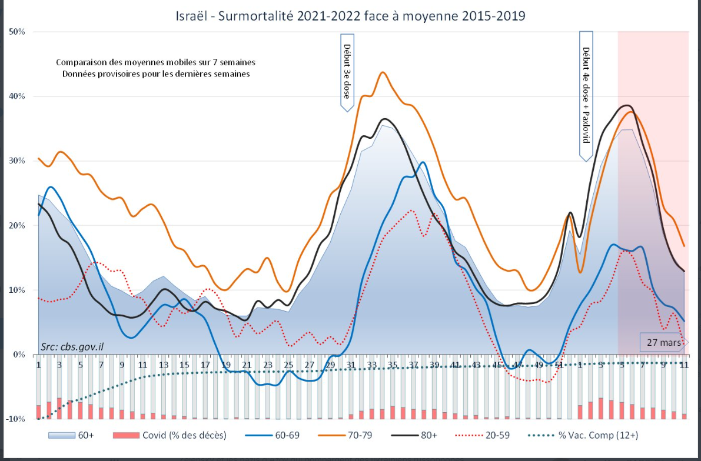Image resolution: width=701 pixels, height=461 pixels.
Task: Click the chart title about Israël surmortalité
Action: [350, 16]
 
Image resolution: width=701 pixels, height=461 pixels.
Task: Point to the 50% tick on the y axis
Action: [16, 32]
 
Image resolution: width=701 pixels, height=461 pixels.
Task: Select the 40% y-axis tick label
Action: [16, 96]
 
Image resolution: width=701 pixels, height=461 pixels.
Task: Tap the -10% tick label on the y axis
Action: [15, 419]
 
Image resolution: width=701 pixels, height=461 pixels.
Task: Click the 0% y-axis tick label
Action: [19, 355]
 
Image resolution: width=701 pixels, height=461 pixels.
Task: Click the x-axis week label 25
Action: [288, 365]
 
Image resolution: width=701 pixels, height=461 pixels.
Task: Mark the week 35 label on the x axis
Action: [393, 365]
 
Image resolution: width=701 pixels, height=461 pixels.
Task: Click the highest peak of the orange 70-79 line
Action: [383, 72]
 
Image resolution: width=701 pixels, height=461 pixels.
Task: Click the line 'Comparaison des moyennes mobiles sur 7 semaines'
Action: [155, 62]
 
